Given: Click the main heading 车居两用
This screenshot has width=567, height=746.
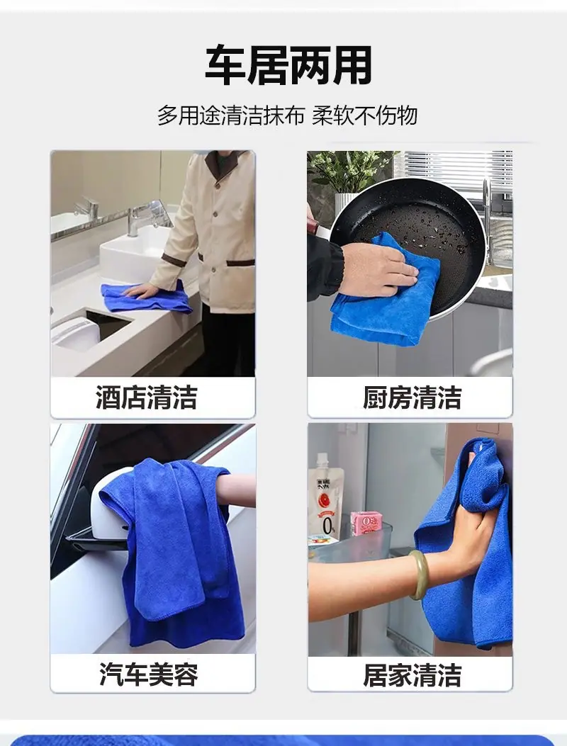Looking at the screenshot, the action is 288,64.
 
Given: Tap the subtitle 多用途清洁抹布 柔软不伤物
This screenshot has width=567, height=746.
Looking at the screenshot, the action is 288,115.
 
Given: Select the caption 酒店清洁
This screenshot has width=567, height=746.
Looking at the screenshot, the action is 147,397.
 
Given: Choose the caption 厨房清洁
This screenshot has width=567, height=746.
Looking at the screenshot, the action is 412,397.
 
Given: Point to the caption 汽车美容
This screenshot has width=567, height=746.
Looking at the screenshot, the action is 149,674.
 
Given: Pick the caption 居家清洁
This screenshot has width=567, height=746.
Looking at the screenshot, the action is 412,674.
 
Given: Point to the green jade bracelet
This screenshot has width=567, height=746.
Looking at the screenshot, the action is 418,575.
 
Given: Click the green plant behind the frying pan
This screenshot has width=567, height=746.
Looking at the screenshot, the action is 350,172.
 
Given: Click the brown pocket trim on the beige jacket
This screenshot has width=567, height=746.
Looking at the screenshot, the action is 240,263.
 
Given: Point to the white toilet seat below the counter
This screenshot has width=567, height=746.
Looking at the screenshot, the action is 76,333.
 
